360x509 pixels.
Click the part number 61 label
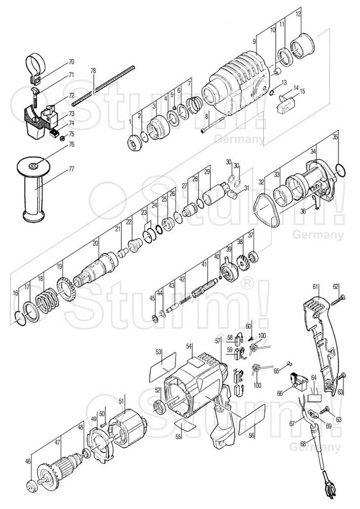(x=316, y=287)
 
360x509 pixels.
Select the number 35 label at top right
(x=335, y=137)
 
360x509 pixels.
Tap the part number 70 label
(x=71, y=62)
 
